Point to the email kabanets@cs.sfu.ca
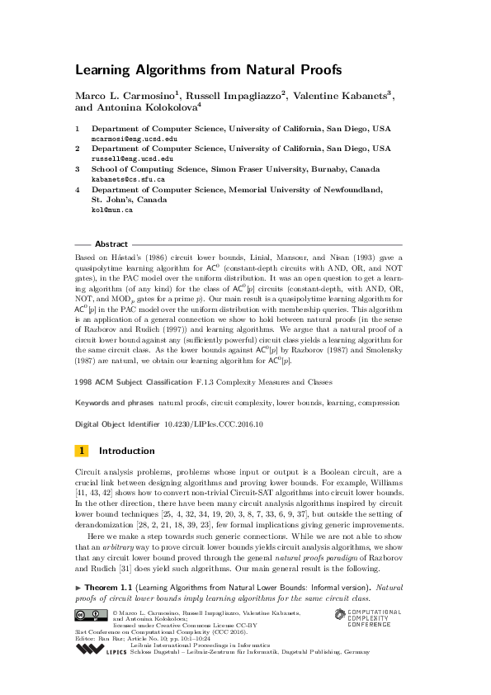127,178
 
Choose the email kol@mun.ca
111,210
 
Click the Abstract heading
111,244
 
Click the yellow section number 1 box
82,451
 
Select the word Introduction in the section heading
126,451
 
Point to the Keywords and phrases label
114,403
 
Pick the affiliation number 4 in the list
78,189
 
